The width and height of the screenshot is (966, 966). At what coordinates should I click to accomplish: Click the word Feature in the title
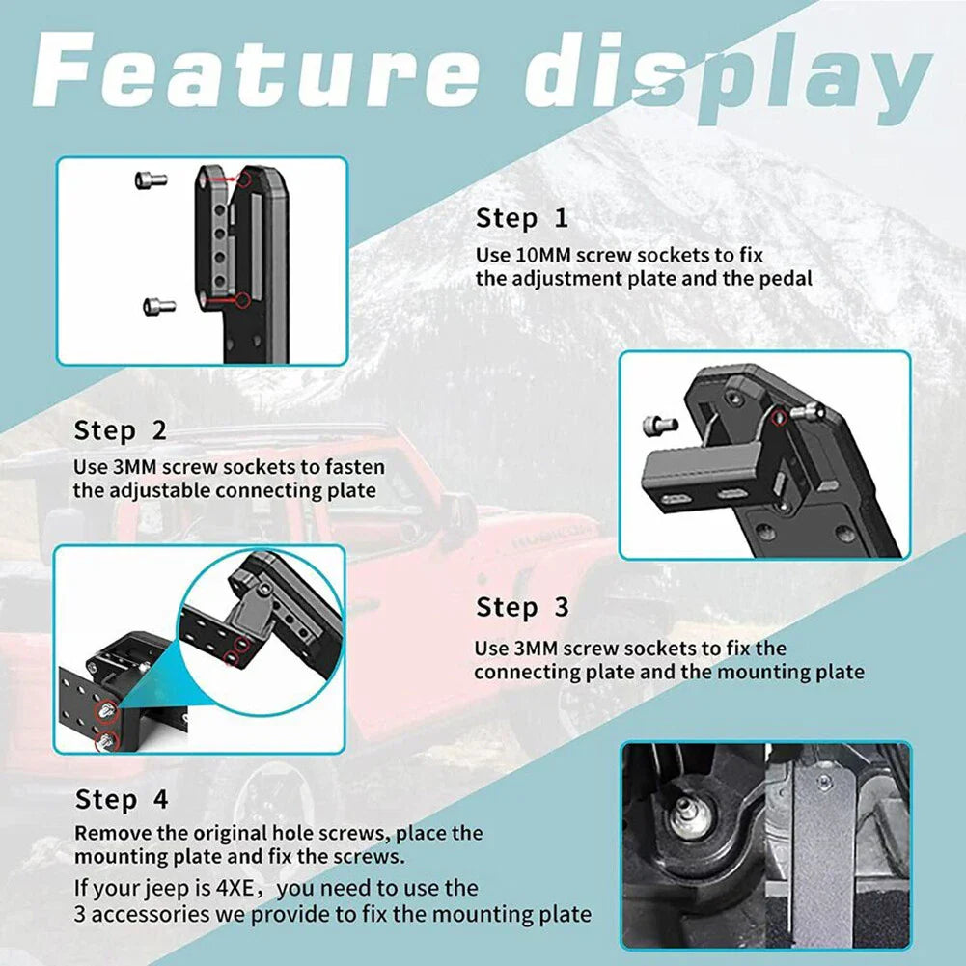click(255, 69)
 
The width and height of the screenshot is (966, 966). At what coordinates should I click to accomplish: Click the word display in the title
click(728, 77)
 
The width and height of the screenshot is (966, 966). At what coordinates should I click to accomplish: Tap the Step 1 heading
click(522, 219)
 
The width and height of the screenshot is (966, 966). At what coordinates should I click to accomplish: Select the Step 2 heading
click(120, 430)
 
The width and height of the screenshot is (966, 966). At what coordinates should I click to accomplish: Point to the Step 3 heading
click(522, 607)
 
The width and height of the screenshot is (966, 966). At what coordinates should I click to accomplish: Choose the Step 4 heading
click(122, 800)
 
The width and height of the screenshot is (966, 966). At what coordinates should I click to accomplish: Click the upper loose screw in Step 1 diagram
click(151, 179)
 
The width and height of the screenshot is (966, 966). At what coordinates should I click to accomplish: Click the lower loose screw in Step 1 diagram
click(159, 306)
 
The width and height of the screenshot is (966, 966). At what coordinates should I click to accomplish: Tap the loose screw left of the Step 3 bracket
click(660, 425)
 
